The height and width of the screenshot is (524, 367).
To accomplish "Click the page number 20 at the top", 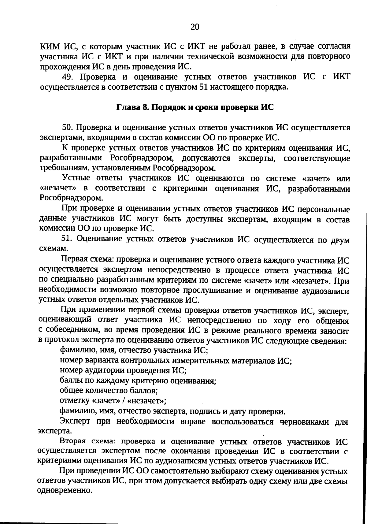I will pos(195,27).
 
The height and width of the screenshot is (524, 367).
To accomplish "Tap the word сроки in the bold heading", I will pos(206,108).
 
